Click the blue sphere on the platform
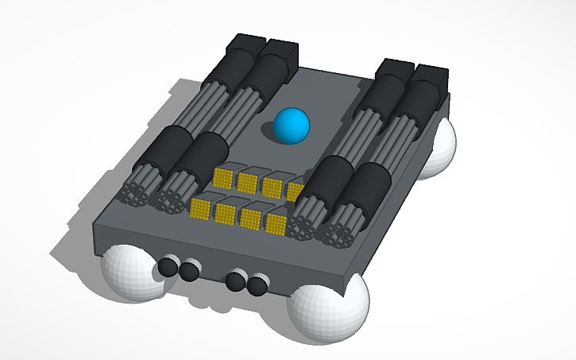point(291,126)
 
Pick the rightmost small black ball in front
point(257,285)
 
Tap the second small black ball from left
point(188,272)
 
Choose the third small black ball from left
point(235,281)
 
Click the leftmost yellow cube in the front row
point(200,209)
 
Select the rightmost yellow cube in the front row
point(275,224)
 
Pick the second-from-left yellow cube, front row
point(225,214)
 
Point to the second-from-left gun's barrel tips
point(172,201)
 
